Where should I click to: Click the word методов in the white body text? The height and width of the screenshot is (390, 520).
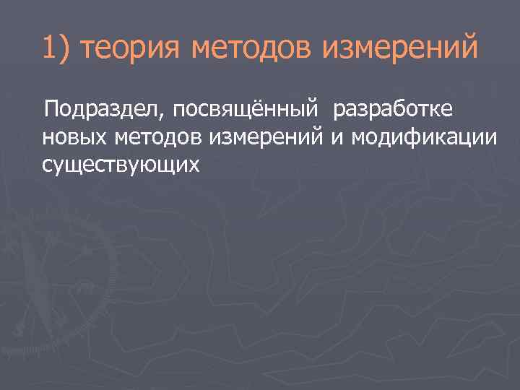click(x=157, y=137)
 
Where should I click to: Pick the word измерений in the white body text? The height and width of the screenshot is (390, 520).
click(x=266, y=137)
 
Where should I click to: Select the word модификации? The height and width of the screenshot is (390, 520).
click(x=425, y=137)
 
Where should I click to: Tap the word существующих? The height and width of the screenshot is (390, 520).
click(x=121, y=165)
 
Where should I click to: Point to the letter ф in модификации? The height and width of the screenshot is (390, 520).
click(x=415, y=138)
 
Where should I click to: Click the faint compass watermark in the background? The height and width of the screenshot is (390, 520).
click(x=58, y=282)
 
